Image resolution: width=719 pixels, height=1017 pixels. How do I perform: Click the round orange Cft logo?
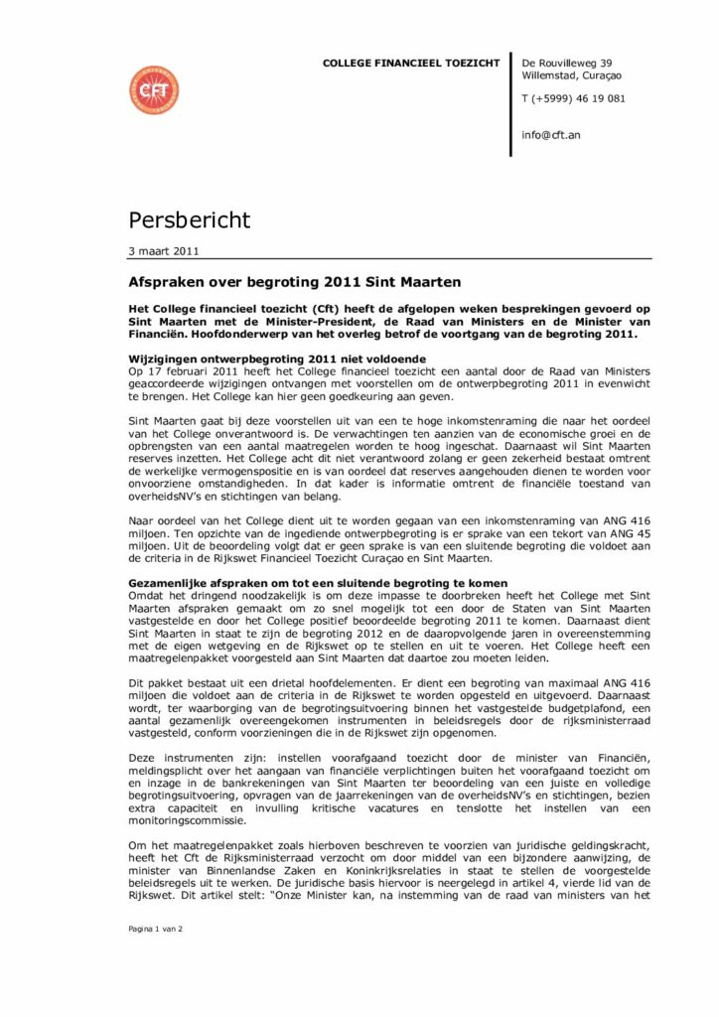pyautogui.click(x=153, y=88)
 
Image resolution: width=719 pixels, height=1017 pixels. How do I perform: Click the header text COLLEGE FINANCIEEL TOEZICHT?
pyautogui.click(x=411, y=64)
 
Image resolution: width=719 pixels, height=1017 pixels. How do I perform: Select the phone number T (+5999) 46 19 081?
pyautogui.click(x=573, y=99)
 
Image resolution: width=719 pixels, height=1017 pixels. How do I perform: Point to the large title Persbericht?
pyautogui.click(x=190, y=218)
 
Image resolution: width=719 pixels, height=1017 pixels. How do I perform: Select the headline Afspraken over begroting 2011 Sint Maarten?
pyautogui.click(x=283, y=281)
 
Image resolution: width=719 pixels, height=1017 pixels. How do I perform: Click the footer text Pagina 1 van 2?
pyautogui.click(x=157, y=928)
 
